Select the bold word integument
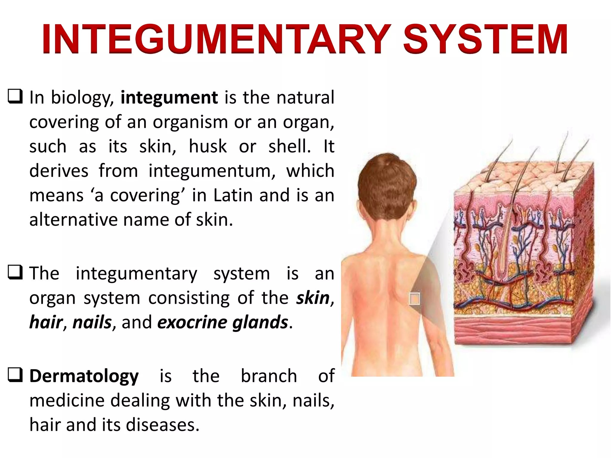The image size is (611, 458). coord(169,98)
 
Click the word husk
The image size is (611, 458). coord(208,146)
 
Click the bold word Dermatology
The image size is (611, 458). coord(84,376)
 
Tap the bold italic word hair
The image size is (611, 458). coord(46,322)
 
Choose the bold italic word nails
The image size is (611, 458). coord(92,322)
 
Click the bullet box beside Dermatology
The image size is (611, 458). coord(15,375)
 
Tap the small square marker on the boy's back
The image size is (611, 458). coord(414,298)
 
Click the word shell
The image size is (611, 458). coord(289,146)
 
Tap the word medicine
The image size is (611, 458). coord(67,400)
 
